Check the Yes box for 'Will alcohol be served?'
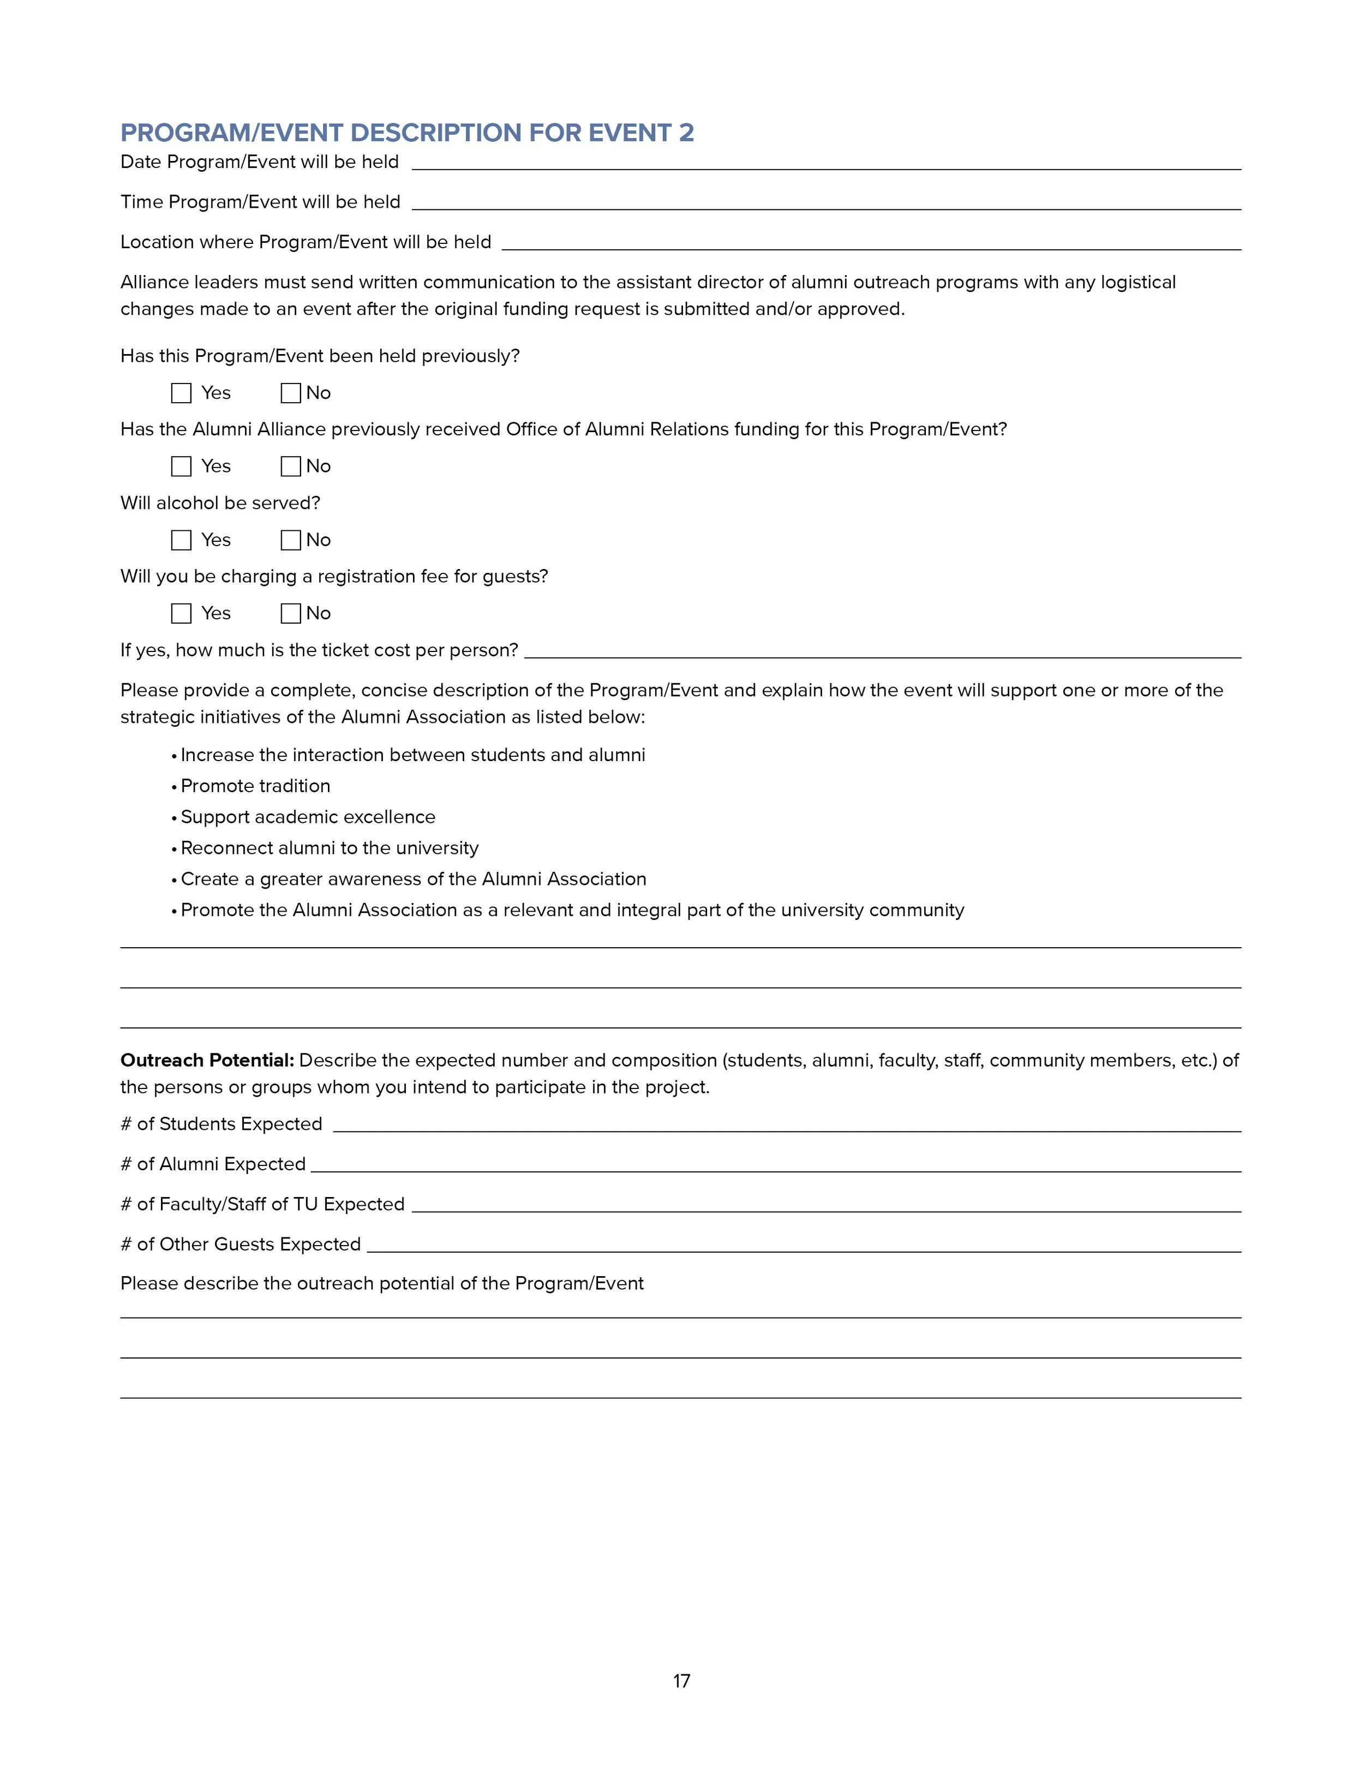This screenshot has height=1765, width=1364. coord(181,540)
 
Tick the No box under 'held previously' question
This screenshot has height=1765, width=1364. coord(291,393)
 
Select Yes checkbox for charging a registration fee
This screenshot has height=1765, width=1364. coord(181,613)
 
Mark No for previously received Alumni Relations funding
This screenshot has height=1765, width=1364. coord(291,466)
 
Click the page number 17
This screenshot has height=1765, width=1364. coord(681,1681)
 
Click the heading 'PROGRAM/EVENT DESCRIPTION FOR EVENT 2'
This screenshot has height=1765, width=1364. coord(407,133)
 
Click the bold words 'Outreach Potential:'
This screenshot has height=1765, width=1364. coord(207,1060)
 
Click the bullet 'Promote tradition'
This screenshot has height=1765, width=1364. coord(255,786)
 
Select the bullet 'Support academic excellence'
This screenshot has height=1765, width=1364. coord(308,817)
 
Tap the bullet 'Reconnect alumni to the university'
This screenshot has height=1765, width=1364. coord(330,848)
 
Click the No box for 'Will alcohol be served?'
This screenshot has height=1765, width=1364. coord(291,540)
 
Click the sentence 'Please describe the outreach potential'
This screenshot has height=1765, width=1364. coord(381,1283)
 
